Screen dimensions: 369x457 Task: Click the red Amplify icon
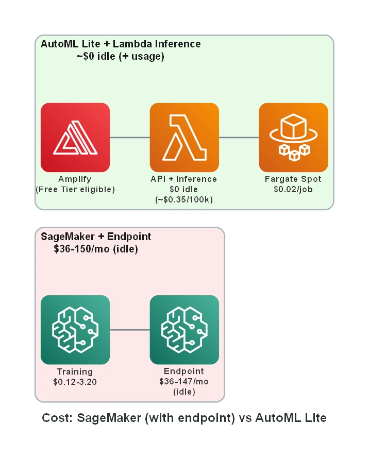(x=75, y=137)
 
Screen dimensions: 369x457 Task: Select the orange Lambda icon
(x=184, y=137)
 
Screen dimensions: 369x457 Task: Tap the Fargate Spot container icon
(x=293, y=137)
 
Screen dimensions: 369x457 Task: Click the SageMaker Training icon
(x=75, y=330)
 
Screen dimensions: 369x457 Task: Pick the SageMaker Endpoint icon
(x=184, y=330)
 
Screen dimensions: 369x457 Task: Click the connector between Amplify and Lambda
(x=130, y=137)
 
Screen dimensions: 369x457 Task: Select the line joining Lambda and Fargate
(x=239, y=137)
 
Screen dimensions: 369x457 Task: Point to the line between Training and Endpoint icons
(x=130, y=330)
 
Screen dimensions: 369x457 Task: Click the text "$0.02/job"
(x=293, y=190)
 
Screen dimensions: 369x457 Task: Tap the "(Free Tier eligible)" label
(x=75, y=190)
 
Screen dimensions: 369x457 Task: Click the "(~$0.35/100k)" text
(x=184, y=199)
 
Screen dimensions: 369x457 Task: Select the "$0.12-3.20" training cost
(x=75, y=382)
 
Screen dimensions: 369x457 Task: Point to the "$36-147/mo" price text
(x=184, y=381)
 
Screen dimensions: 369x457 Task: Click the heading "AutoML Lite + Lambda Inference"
(x=121, y=44)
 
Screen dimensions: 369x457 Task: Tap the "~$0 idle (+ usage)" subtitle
(x=121, y=56)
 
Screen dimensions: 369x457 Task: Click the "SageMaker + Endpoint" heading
(x=96, y=236)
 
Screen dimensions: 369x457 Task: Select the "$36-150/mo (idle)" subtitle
(x=96, y=249)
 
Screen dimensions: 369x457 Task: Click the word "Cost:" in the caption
(x=57, y=418)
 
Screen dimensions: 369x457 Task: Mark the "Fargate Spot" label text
(x=293, y=179)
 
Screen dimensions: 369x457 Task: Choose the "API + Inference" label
(x=184, y=179)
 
